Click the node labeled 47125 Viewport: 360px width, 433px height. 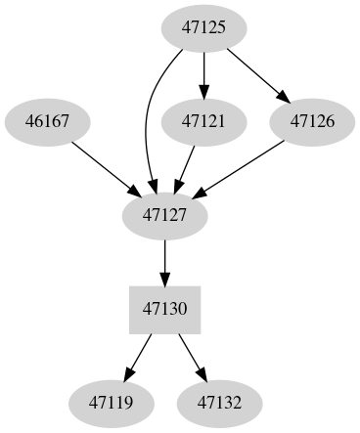204,27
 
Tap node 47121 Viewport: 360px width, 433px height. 204,121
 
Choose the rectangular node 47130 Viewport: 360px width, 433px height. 164,309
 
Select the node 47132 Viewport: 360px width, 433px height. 219,402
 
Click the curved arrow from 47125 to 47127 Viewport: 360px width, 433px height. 148,117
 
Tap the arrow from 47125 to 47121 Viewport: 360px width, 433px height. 204,73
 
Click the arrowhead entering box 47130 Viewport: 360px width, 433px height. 164,278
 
